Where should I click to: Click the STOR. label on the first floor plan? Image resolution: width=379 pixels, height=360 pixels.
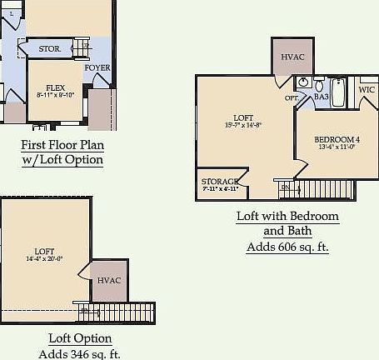[x=50, y=49]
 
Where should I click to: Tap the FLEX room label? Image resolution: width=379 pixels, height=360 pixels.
[x=56, y=87]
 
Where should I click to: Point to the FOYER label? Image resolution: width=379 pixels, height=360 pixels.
[x=97, y=67]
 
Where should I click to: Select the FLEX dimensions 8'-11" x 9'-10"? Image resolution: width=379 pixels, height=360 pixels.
[x=56, y=96]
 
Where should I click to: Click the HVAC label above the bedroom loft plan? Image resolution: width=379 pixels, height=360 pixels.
[x=292, y=57]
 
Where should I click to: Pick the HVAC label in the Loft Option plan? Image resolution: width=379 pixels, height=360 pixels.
[x=109, y=280]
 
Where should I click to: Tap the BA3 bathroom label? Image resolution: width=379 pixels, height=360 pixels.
[x=322, y=97]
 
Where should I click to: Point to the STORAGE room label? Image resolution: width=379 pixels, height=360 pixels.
[x=220, y=182]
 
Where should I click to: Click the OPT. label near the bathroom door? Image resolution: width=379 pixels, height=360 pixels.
[x=292, y=98]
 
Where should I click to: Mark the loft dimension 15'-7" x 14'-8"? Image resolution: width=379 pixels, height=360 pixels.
[x=243, y=125]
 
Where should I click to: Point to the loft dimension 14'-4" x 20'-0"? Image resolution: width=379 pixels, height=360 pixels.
[x=44, y=258]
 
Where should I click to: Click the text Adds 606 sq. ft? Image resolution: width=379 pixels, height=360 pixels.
[x=287, y=247]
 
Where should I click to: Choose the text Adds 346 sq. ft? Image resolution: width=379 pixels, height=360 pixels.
[x=80, y=354]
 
